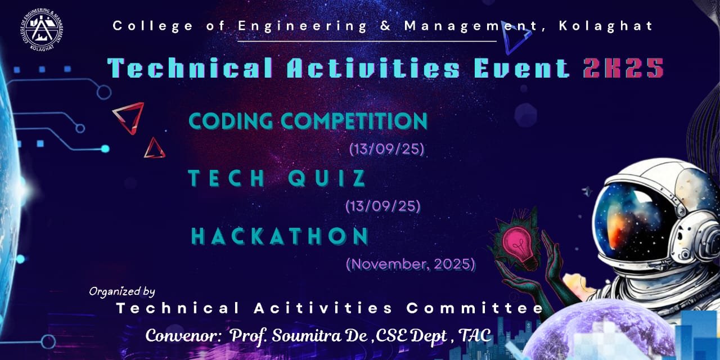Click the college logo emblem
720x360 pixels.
(x=42, y=30)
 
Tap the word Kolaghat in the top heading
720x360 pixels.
(x=606, y=26)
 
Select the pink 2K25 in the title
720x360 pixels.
(x=624, y=68)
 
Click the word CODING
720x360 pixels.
(x=231, y=121)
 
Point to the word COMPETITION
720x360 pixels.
(x=354, y=121)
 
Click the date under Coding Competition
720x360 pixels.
(x=386, y=149)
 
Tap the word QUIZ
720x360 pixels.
(x=327, y=178)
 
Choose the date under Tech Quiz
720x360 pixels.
(x=383, y=206)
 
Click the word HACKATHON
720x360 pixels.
(x=280, y=236)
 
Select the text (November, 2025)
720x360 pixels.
(x=411, y=264)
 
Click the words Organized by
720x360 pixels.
(x=122, y=292)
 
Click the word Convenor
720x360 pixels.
(x=182, y=336)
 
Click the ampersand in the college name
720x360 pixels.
(x=385, y=26)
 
